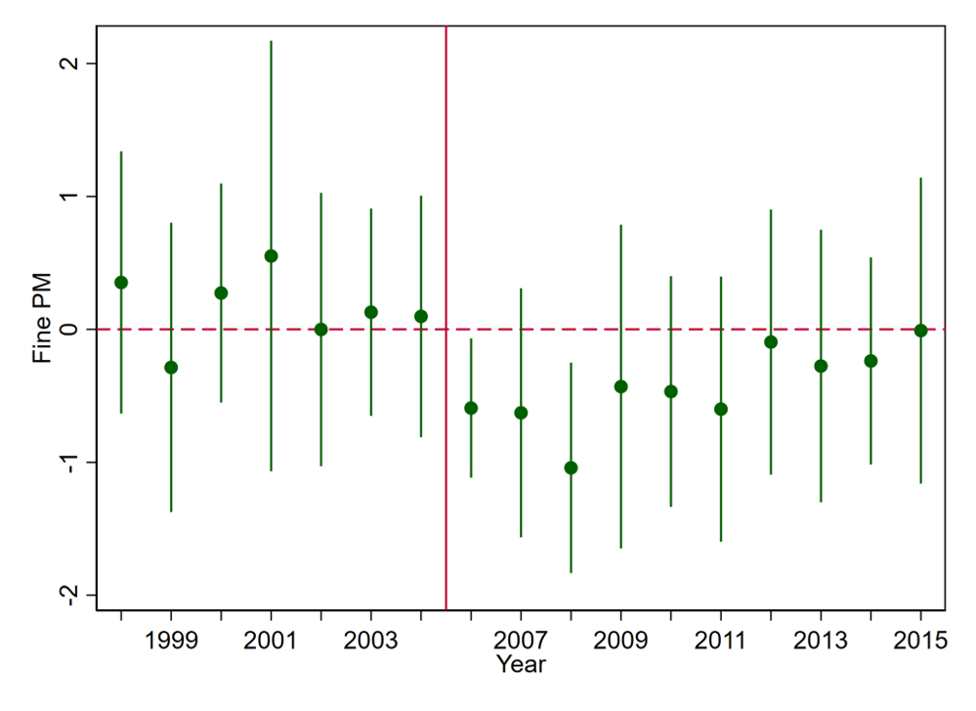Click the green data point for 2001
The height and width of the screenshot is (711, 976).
271,256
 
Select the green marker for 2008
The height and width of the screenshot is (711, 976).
571,467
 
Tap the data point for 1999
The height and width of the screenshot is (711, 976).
171,367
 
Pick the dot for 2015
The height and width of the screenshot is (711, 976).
920,331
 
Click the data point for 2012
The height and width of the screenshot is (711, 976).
771,342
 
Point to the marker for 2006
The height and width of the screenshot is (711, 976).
471,408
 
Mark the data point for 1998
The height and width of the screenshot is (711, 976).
121,283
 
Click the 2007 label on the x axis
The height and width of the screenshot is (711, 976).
521,642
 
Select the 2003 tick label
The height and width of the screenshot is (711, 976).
370,642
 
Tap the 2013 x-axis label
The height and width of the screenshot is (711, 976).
821,642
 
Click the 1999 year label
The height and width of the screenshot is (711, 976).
171,642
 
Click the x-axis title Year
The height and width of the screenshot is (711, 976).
520,665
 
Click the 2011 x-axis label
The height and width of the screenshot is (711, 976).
721,642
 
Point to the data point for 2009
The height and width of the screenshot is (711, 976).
620,386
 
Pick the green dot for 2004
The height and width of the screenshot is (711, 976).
421,316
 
